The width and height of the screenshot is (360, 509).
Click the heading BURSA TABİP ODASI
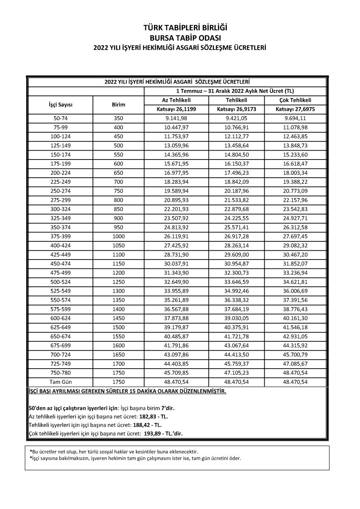coord(180,37)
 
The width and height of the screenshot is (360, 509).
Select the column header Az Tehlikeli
coord(176,101)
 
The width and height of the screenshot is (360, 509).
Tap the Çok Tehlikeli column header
coord(296,101)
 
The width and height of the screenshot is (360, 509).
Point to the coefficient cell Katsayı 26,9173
coord(236,109)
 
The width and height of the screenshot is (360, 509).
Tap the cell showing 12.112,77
coord(236,137)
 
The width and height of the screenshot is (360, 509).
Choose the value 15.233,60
coord(296,155)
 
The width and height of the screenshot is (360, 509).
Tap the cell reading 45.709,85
coord(176,373)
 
